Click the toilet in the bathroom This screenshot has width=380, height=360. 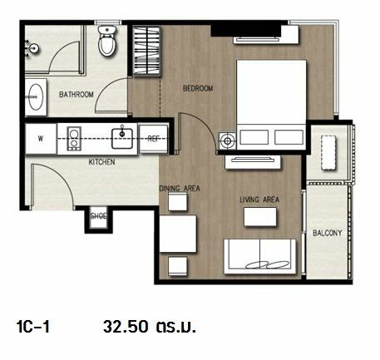(x=107, y=41)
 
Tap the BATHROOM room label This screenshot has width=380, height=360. (x=76, y=95)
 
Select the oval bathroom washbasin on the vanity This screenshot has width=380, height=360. (x=36, y=96)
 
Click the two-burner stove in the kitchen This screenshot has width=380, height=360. (x=74, y=139)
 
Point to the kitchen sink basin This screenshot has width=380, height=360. (x=122, y=138)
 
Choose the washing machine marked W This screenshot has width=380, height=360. (x=41, y=138)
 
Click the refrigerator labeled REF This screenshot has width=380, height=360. (x=153, y=139)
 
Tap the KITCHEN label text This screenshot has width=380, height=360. (x=101, y=162)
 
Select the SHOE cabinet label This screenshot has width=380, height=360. (x=98, y=215)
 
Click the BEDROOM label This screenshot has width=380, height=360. (x=198, y=88)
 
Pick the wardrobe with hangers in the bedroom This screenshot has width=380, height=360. (x=146, y=51)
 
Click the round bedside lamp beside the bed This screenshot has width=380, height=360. (x=228, y=141)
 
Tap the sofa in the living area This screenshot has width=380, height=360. (x=259, y=257)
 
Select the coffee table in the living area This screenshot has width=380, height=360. (x=260, y=217)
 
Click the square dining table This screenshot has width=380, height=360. (x=178, y=234)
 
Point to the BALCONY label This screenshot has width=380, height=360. (x=328, y=233)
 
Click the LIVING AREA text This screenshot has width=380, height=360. (x=259, y=200)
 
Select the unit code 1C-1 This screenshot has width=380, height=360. (x=33, y=327)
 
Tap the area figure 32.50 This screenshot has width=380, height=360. (x=126, y=327)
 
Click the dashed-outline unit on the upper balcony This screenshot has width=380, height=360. (x=328, y=153)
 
